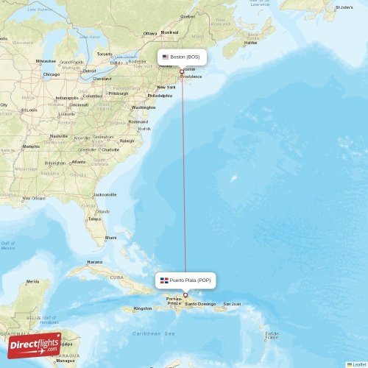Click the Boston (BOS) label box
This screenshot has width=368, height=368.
181,57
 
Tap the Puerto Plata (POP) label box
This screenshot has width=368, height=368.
185,280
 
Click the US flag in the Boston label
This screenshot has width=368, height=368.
166,57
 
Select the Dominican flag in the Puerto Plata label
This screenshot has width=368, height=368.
164,280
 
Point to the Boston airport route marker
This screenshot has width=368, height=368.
182,71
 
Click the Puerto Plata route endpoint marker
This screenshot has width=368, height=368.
185,294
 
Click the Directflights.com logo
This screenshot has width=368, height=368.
35,345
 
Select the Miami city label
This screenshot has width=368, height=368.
110,238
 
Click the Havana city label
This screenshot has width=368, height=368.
94,262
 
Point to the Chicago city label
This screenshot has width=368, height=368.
51,74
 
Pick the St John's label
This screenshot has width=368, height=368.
344,7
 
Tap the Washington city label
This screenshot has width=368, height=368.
143,107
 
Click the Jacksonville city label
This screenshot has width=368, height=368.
105,194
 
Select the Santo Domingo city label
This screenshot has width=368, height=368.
201,304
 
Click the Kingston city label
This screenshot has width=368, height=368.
144,308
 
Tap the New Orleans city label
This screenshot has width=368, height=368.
34,198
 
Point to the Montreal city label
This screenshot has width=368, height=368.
169,32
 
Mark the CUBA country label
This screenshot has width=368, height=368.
117,277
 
